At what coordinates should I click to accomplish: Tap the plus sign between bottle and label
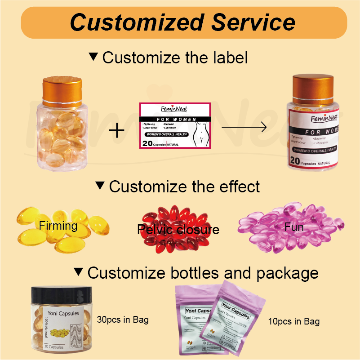(x=117, y=131)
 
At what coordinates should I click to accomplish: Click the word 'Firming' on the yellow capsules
(x=58, y=225)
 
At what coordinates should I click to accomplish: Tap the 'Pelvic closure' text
(x=178, y=230)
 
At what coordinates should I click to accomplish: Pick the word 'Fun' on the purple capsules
(x=294, y=227)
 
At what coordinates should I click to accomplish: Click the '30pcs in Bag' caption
(x=123, y=320)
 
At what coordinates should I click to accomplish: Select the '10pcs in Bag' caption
(x=294, y=321)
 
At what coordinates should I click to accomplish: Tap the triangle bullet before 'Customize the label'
(x=93, y=57)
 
